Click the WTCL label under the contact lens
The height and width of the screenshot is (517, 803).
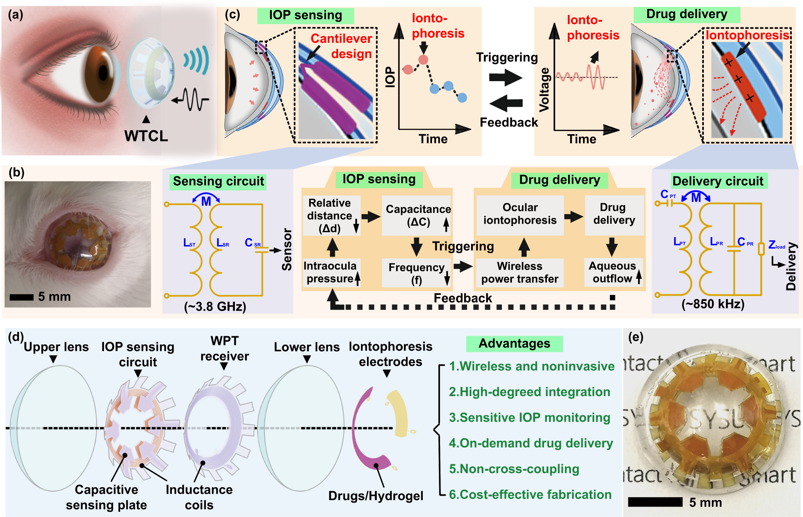[x=146, y=136]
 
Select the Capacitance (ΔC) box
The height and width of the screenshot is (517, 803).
[x=418, y=216]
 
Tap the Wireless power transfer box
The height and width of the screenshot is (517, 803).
[x=520, y=272]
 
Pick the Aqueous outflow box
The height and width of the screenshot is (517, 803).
[x=613, y=272]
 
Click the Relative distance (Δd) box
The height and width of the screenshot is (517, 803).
[x=330, y=216]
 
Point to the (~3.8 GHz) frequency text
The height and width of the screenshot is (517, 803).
[x=215, y=307]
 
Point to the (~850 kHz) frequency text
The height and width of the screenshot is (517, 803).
[x=713, y=304]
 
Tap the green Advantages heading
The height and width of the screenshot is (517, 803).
[x=514, y=343]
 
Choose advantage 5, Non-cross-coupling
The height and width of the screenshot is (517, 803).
[x=514, y=469]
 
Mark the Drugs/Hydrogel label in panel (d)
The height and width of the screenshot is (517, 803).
[x=376, y=496]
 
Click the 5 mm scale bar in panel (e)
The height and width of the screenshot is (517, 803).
[x=655, y=502]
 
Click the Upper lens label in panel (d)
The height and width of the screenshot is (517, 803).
[x=56, y=347]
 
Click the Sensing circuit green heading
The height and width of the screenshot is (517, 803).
[x=218, y=181]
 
